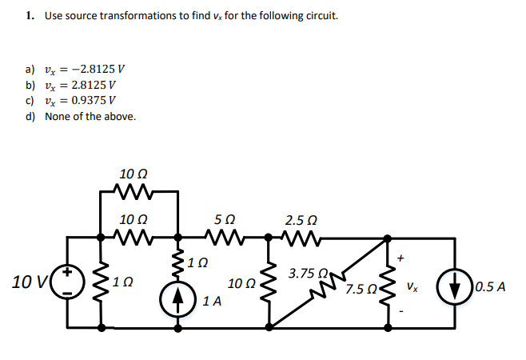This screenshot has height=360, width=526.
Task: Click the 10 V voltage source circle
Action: (x=67, y=282)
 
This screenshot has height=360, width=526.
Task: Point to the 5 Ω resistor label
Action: (x=225, y=218)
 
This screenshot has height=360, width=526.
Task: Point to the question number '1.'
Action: (x=29, y=15)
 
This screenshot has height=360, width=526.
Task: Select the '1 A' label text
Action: (x=212, y=302)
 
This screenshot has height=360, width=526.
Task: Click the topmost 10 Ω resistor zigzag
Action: (x=131, y=191)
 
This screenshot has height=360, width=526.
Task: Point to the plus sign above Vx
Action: (x=401, y=258)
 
